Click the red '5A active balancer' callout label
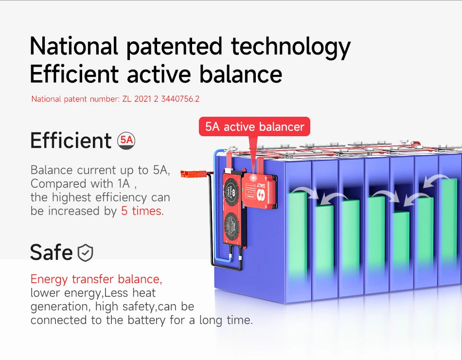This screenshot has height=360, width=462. click(x=254, y=126)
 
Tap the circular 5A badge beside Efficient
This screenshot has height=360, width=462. click(x=126, y=140)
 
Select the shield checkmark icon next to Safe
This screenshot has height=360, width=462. click(x=85, y=252)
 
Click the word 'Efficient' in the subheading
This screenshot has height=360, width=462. click(x=71, y=140)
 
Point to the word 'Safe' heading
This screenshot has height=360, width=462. click(x=51, y=252)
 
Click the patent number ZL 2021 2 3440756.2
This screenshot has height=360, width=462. click(x=161, y=99)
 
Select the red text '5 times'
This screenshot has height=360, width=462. click(x=141, y=211)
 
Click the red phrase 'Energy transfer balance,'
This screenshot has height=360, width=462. click(x=96, y=279)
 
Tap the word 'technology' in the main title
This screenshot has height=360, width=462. click(x=291, y=47)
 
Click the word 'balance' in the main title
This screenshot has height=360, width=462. click(x=241, y=74)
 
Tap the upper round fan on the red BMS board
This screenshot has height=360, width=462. click(x=231, y=189)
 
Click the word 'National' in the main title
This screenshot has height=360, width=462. click(x=74, y=46)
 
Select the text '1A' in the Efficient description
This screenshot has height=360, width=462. click(x=124, y=184)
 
